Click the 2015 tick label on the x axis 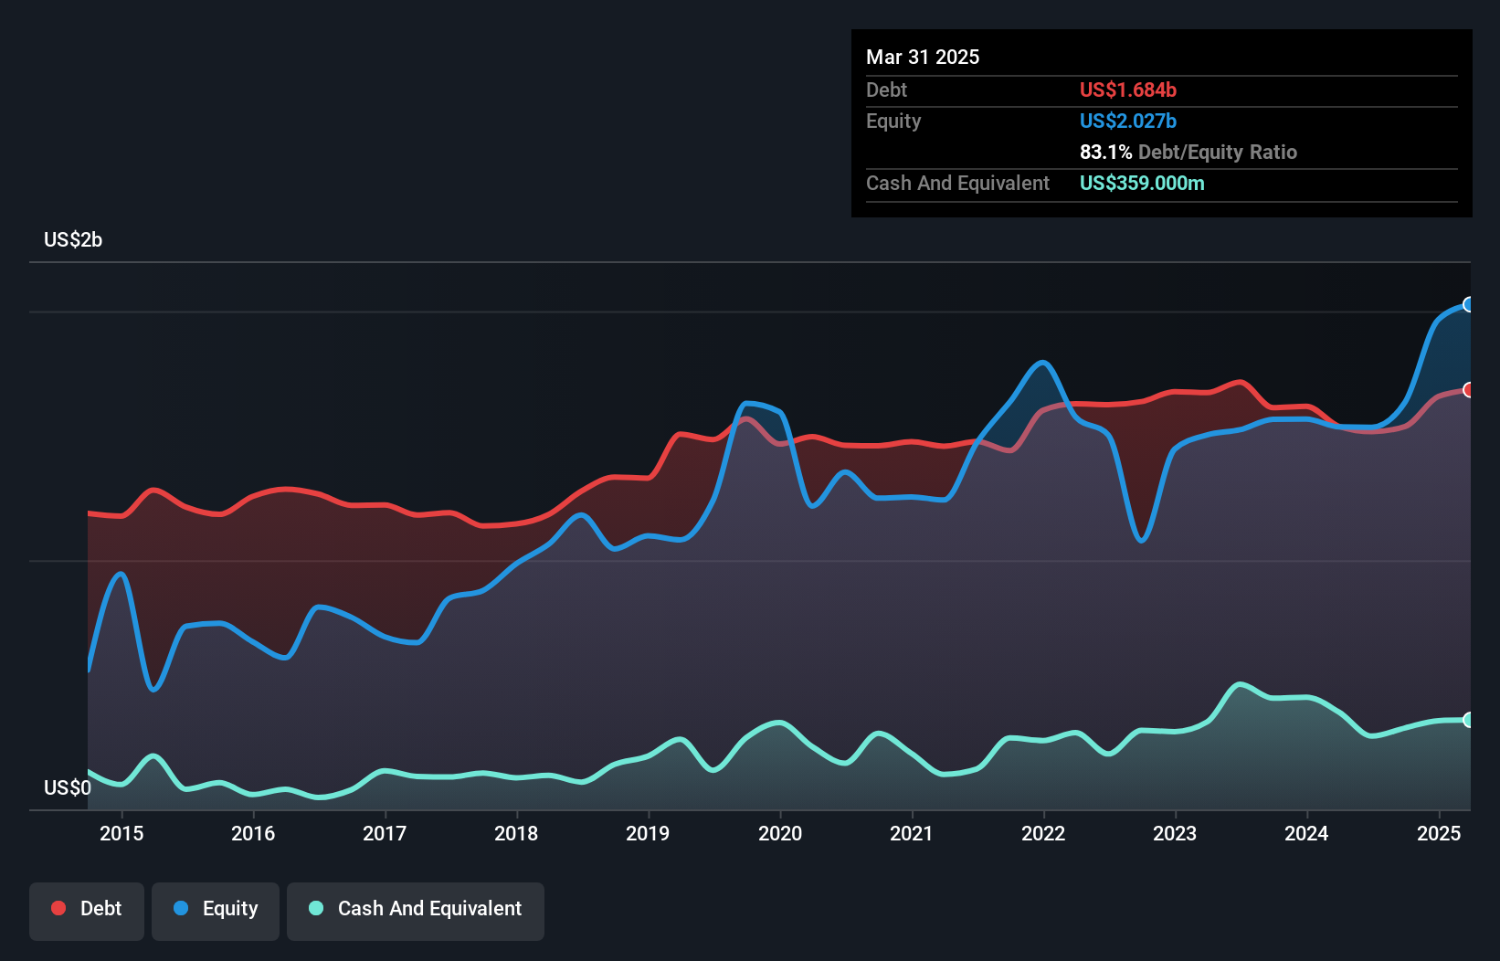click(x=121, y=833)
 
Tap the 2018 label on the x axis click(x=516, y=833)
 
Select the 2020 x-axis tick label click(x=780, y=833)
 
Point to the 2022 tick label click(x=1043, y=833)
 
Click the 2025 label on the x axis click(x=1439, y=833)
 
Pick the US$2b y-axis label click(x=73, y=240)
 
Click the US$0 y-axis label click(x=68, y=787)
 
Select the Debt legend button click(x=87, y=909)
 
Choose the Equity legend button click(x=216, y=909)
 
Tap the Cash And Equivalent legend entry click(x=416, y=909)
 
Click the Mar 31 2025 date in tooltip click(x=923, y=58)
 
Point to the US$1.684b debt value click(x=1127, y=90)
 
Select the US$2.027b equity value click(x=1127, y=121)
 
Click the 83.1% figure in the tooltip click(x=1105, y=153)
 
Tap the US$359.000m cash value click(x=1142, y=184)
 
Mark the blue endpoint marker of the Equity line click(x=1469, y=304)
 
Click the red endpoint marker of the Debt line click(x=1469, y=390)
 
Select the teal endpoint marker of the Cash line click(x=1469, y=720)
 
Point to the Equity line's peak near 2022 click(x=1041, y=363)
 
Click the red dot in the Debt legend click(x=58, y=908)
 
